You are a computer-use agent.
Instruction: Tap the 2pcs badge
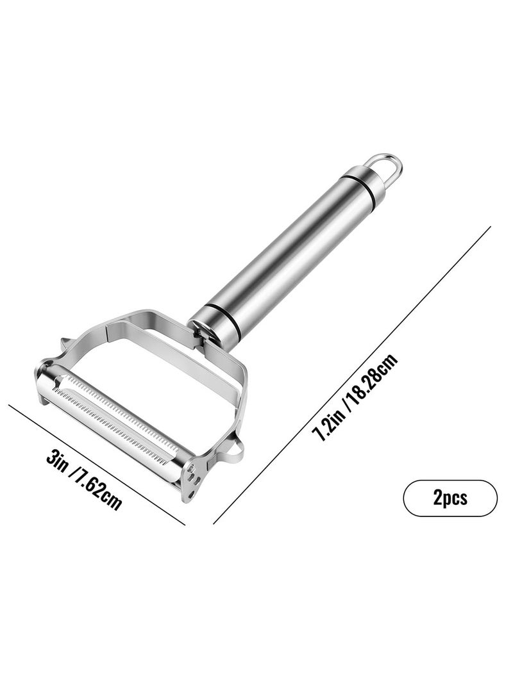tap(450, 498)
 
